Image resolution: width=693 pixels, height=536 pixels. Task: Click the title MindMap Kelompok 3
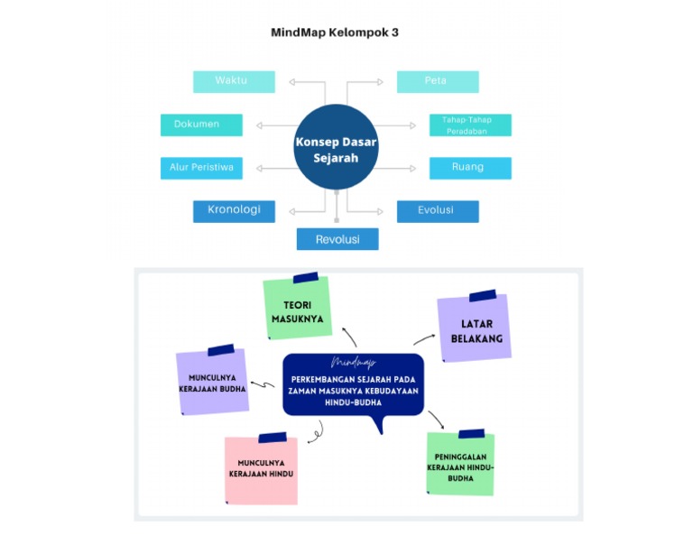click(335, 32)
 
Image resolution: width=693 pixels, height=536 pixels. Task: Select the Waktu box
click(234, 81)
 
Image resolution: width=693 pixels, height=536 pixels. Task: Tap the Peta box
click(438, 81)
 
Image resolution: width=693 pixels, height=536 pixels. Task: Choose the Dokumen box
click(201, 125)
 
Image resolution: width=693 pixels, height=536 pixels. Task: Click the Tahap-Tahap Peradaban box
click(470, 125)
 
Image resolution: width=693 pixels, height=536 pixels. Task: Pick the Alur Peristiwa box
click(201, 168)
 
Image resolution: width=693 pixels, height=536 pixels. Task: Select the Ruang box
click(470, 168)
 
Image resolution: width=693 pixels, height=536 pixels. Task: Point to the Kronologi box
click(234, 210)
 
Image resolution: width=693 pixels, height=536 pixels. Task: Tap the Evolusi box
click(438, 210)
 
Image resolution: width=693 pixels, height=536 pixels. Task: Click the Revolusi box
click(337, 239)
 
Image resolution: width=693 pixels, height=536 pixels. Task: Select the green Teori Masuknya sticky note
click(298, 310)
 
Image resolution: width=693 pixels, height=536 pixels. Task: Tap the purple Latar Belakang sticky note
click(475, 329)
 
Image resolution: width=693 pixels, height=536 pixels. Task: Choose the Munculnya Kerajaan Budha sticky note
click(213, 383)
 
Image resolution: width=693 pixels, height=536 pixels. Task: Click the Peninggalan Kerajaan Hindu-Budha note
click(460, 465)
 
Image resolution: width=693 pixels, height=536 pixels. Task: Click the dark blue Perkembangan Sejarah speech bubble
click(354, 385)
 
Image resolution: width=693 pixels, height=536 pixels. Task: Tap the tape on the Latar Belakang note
click(482, 295)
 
